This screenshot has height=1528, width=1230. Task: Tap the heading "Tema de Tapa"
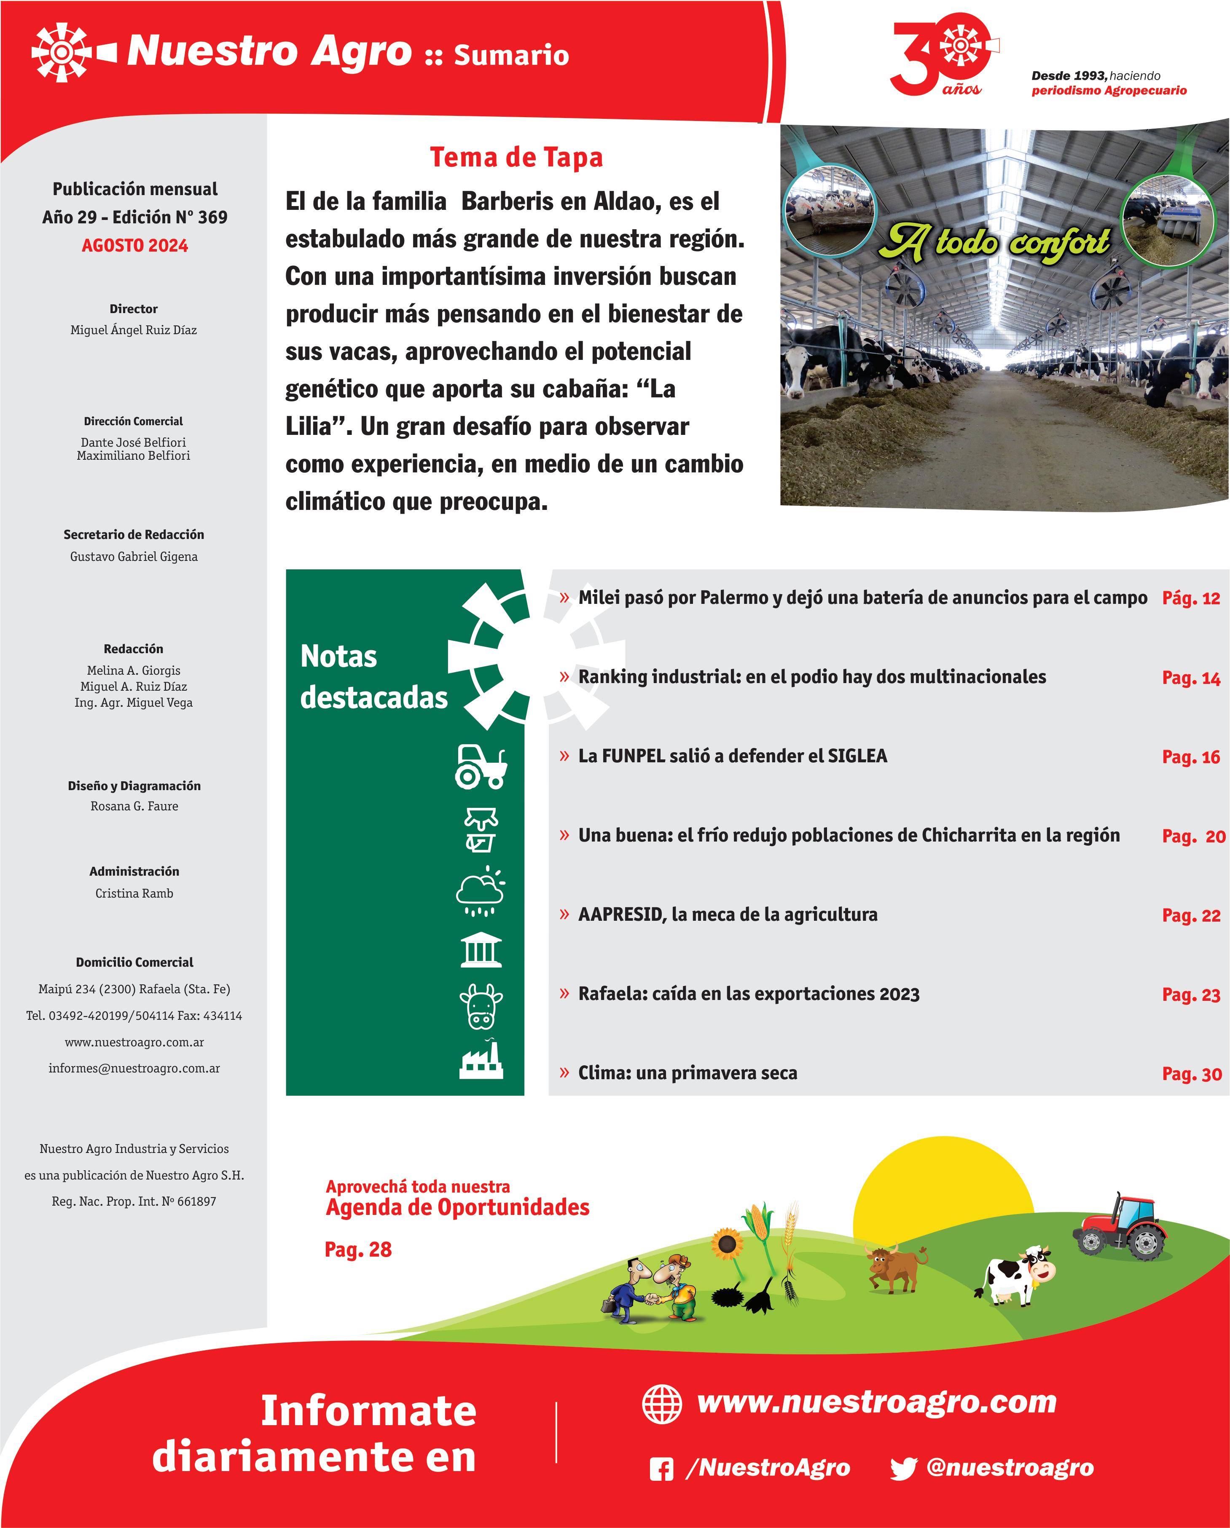516,157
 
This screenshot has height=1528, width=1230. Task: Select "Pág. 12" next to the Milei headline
1190,598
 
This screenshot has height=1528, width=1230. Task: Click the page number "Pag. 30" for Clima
1191,1074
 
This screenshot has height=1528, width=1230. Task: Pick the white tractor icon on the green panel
481,767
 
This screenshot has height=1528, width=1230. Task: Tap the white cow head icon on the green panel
481,1006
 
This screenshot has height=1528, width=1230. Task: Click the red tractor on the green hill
1120,1226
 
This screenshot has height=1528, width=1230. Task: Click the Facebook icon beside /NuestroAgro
661,1469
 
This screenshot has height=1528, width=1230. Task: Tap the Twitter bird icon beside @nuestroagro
903,1469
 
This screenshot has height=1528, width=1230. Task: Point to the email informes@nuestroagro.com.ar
134,1068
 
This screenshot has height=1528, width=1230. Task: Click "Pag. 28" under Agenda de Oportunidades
358,1249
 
